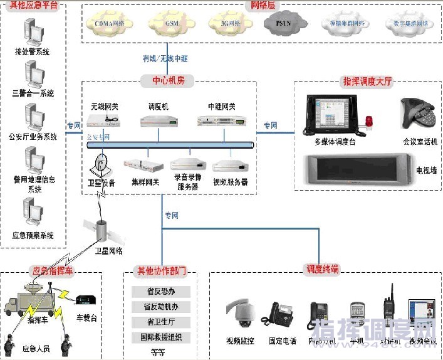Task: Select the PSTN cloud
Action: click(x=283, y=23)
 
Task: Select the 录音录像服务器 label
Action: click(x=189, y=183)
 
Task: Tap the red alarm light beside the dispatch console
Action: click(x=368, y=120)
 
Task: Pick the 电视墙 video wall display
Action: click(x=358, y=171)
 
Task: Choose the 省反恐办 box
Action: click(x=160, y=292)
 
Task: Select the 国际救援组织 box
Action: click(x=160, y=337)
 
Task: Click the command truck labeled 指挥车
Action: click(x=34, y=300)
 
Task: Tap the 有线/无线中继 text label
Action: click(x=165, y=58)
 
